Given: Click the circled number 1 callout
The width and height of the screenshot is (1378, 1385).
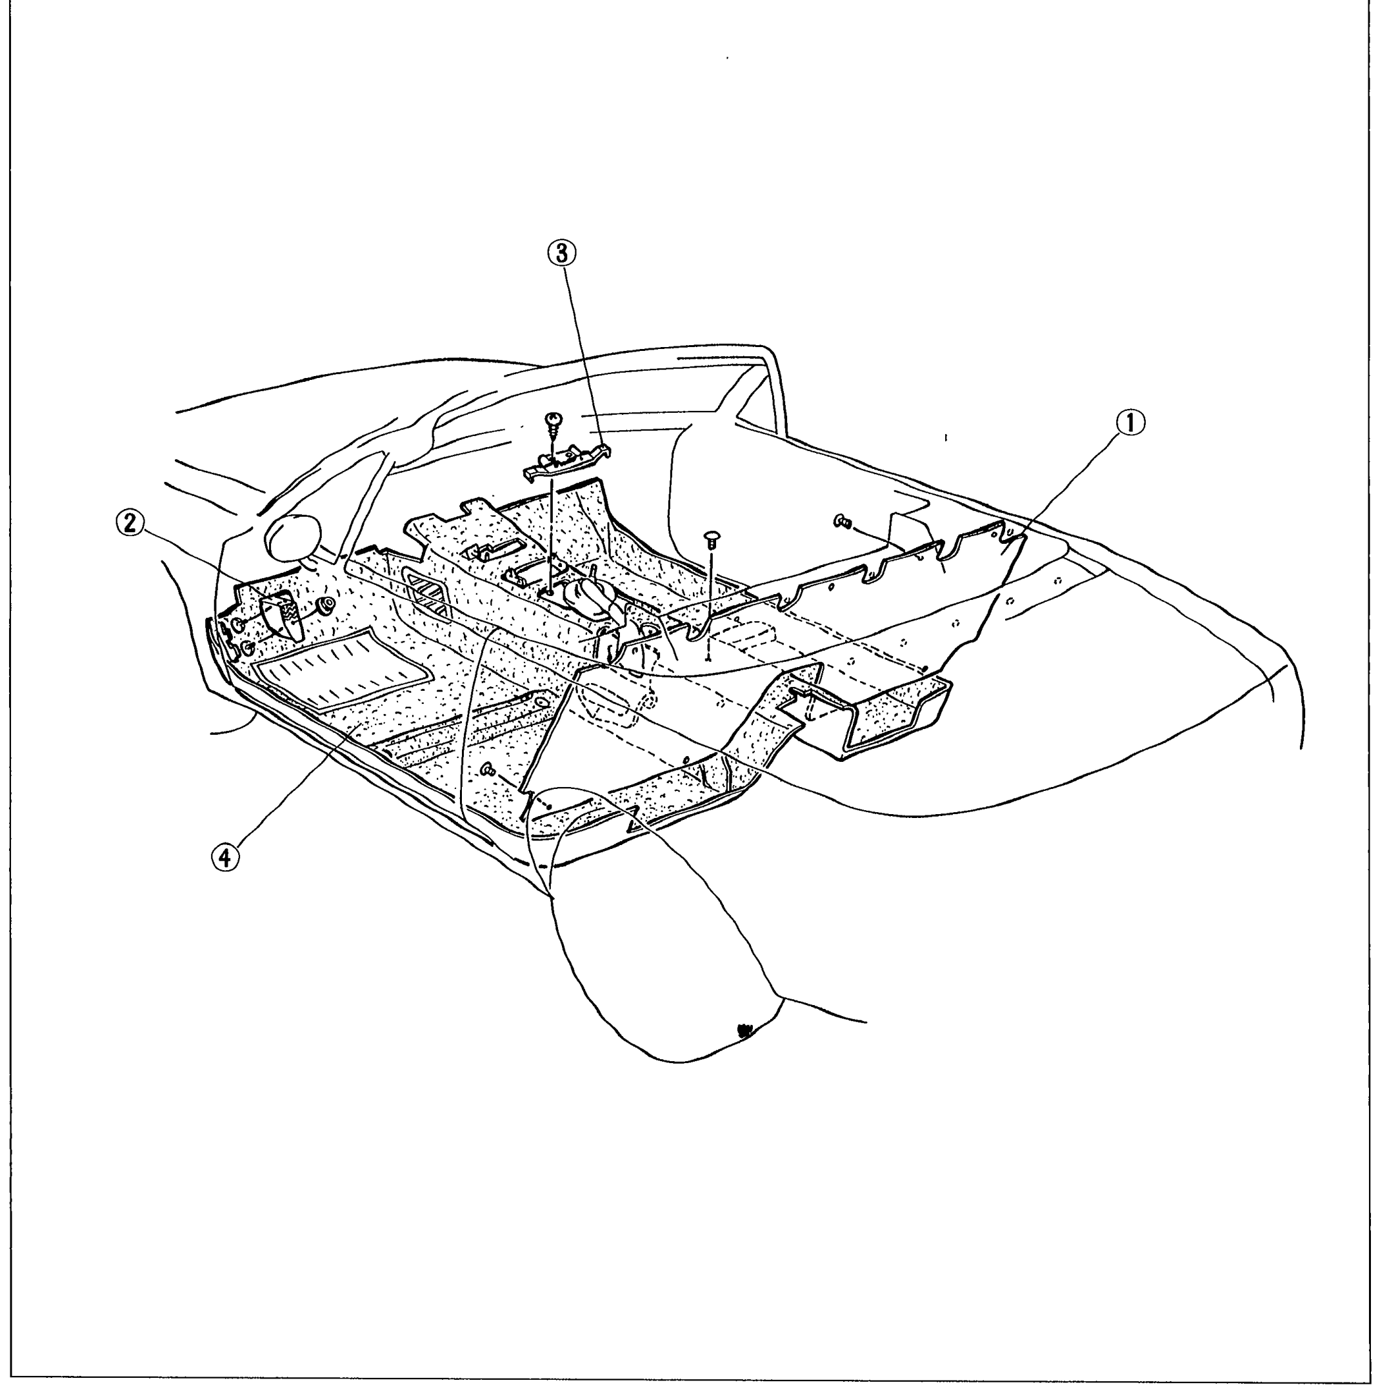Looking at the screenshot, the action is coord(1130,423).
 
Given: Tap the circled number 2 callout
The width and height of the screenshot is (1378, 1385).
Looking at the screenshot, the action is coord(130,523).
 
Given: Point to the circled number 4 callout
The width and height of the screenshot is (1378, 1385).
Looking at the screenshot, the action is coord(225,857).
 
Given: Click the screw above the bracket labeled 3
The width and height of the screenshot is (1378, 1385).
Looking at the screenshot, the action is coord(554,426).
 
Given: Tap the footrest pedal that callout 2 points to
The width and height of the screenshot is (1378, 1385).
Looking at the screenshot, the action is coord(283,608).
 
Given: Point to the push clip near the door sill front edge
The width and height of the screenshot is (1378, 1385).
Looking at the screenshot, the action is coord(490,770).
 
